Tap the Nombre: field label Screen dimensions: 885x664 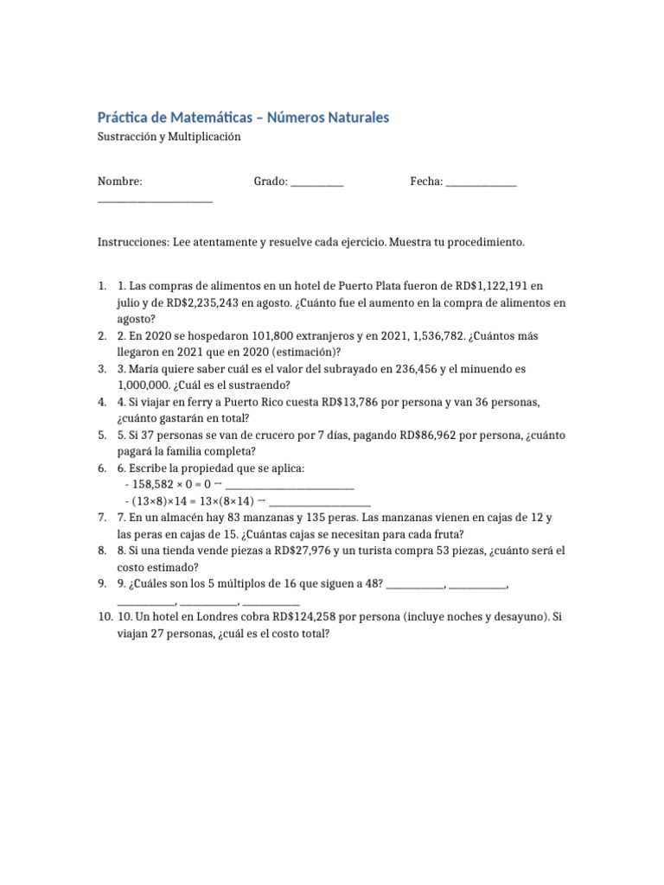pos(119,181)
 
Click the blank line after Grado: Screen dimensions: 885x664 pos(317,182)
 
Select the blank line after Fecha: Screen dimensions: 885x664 pos(481,182)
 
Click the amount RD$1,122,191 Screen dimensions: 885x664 pos(485,285)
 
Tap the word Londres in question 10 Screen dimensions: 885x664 pos(228,618)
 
